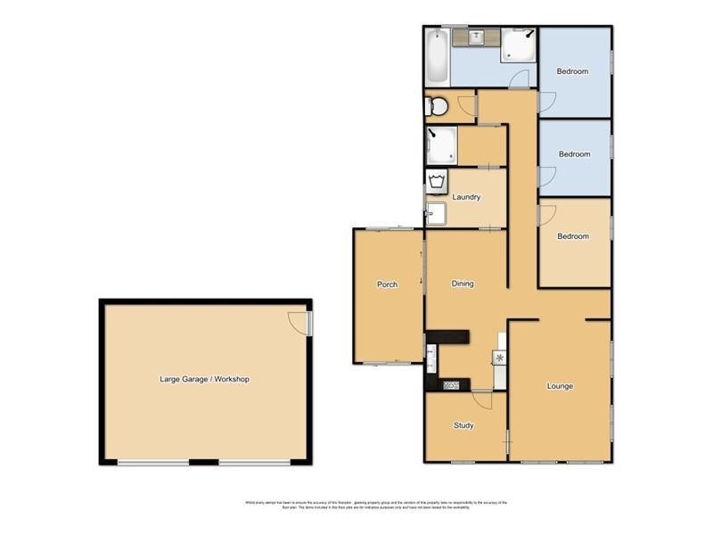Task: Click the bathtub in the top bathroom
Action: coord(437,55)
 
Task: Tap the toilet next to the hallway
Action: coord(438,107)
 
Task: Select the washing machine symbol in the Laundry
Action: coord(437,184)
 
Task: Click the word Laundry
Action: coord(467,197)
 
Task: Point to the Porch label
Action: coord(387,284)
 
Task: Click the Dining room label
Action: coord(463,284)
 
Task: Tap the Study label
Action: coord(463,425)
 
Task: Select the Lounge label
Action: coord(560,386)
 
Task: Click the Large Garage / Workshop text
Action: coord(204,379)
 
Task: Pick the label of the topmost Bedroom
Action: coord(572,71)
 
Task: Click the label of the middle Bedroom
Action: coord(574,154)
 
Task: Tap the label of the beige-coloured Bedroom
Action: coord(573,236)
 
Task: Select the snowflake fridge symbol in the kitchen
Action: coord(500,358)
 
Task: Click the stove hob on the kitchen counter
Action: coord(451,385)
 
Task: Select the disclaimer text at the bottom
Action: coord(375,505)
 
